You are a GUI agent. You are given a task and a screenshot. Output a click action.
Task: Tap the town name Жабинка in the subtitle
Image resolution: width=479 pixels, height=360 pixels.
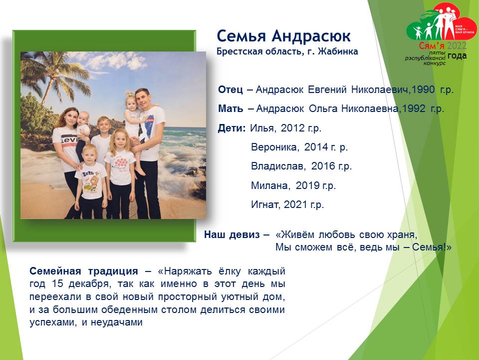338,51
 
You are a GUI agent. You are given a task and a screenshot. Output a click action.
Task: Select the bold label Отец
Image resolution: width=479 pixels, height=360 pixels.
231,89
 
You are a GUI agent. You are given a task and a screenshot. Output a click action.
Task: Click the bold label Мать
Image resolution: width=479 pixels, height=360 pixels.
231,108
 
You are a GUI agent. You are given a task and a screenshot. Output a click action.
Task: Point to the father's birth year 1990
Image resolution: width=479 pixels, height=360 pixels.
423,89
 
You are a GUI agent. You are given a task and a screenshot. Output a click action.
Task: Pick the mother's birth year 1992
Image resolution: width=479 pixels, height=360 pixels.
414,108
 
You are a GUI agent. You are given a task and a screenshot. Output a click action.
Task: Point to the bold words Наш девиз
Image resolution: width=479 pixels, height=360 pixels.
232,235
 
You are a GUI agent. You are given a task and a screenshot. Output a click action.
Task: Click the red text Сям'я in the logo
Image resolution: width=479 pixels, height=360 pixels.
431,46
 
